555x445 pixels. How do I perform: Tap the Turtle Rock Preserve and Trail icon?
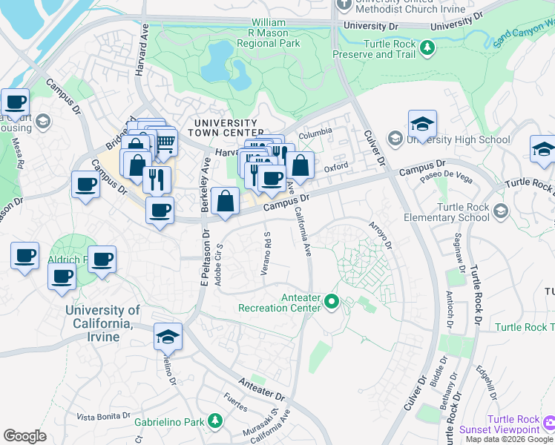click(427, 48)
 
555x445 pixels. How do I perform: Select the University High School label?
click(462, 139)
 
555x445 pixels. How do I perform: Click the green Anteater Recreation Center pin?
click(331, 302)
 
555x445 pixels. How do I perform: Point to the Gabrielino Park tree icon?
click(215, 421)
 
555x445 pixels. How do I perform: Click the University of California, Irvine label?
click(102, 317)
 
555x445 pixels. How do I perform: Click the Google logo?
click(24, 436)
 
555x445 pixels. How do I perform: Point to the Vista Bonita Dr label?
click(104, 417)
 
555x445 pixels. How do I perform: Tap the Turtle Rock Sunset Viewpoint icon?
click(549, 423)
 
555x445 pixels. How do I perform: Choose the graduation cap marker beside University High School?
click(422, 123)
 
